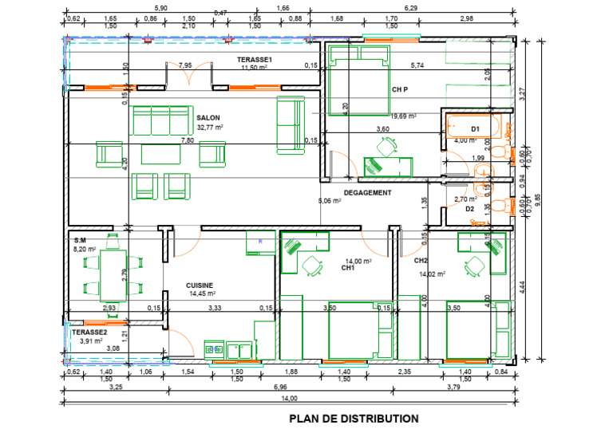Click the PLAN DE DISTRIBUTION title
point(353,418)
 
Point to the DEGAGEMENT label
point(367,193)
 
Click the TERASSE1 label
point(255,61)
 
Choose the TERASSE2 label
point(89,332)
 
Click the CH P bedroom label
point(401,90)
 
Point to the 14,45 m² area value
point(203,293)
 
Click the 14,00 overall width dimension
point(288,398)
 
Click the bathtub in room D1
point(473,127)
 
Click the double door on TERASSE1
point(190,77)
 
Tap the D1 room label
point(475,128)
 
